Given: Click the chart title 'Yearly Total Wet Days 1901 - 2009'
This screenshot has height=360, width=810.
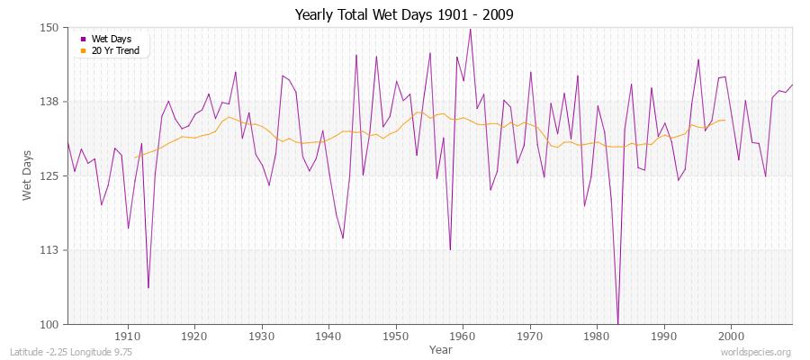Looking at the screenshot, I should pos(404,15).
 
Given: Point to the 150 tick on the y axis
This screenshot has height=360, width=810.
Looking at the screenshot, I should pos(49,28).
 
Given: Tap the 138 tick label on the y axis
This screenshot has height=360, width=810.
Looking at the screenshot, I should pos(49,102).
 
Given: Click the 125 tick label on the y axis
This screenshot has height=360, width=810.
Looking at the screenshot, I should pos(49,175).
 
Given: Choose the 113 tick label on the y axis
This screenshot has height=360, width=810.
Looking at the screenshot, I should pos(49,250).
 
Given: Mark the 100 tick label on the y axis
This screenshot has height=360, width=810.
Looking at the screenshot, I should pos(49,324).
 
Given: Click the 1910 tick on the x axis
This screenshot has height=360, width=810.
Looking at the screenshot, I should pos(128,337).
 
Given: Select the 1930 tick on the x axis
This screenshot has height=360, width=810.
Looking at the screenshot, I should pos(262,337).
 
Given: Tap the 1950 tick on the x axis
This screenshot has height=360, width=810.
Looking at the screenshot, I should pos(396,337).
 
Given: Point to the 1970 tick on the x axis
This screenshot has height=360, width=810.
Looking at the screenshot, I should pos(530,337).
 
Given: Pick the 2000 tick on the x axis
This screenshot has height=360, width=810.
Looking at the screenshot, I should pos(731,337).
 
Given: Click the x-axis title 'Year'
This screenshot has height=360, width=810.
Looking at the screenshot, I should pos(441,349).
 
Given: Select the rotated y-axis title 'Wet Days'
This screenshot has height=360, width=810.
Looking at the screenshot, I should pos(28,175).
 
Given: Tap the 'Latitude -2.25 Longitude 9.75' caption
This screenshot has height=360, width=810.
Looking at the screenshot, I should pos(71,352).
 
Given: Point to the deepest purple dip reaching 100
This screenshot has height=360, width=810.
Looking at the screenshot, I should pos(617,323).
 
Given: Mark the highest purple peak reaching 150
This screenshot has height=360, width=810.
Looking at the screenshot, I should pos(470,29).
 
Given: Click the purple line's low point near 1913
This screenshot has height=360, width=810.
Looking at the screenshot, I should pos(148,288).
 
